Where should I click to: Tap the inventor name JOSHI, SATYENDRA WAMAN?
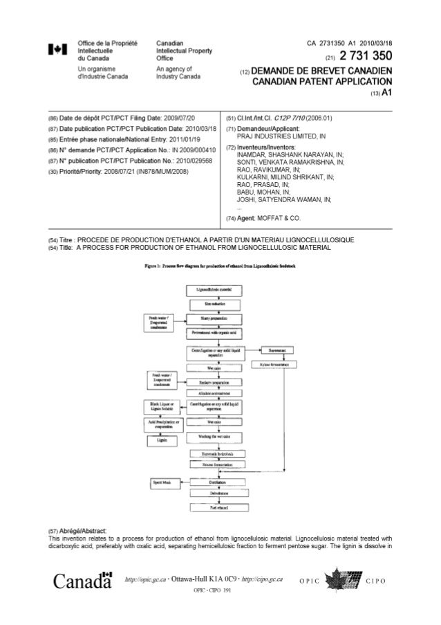click(x=283, y=199)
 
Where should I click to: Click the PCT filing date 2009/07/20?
click(x=175, y=118)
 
